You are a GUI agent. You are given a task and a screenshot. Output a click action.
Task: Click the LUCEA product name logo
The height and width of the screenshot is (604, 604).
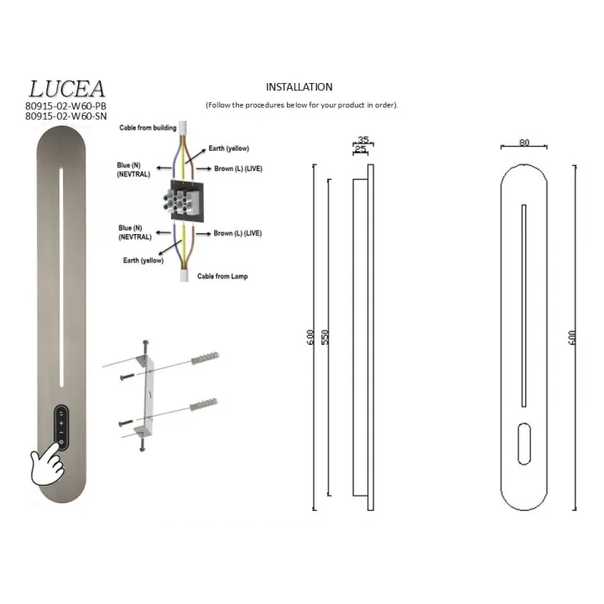click(66, 89)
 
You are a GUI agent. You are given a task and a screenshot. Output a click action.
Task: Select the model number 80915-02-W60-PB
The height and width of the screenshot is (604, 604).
click(66, 106)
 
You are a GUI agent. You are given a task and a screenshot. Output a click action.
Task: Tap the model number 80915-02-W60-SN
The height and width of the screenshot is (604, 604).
click(66, 116)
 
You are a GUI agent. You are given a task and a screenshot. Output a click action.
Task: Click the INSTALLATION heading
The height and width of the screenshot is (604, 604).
click(299, 87)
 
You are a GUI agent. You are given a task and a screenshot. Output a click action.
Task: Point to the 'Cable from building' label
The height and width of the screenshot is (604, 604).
click(148, 128)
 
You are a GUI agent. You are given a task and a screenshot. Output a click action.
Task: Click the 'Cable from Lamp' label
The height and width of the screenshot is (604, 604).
click(222, 276)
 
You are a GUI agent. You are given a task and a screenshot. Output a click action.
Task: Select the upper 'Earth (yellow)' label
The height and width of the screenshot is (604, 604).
click(229, 148)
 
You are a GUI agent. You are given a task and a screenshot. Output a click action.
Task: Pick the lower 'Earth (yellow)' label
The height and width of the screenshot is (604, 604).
click(143, 260)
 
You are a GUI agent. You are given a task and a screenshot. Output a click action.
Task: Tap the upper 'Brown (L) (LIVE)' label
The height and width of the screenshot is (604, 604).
click(238, 169)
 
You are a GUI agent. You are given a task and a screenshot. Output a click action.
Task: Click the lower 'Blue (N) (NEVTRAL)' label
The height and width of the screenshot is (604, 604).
click(135, 232)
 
